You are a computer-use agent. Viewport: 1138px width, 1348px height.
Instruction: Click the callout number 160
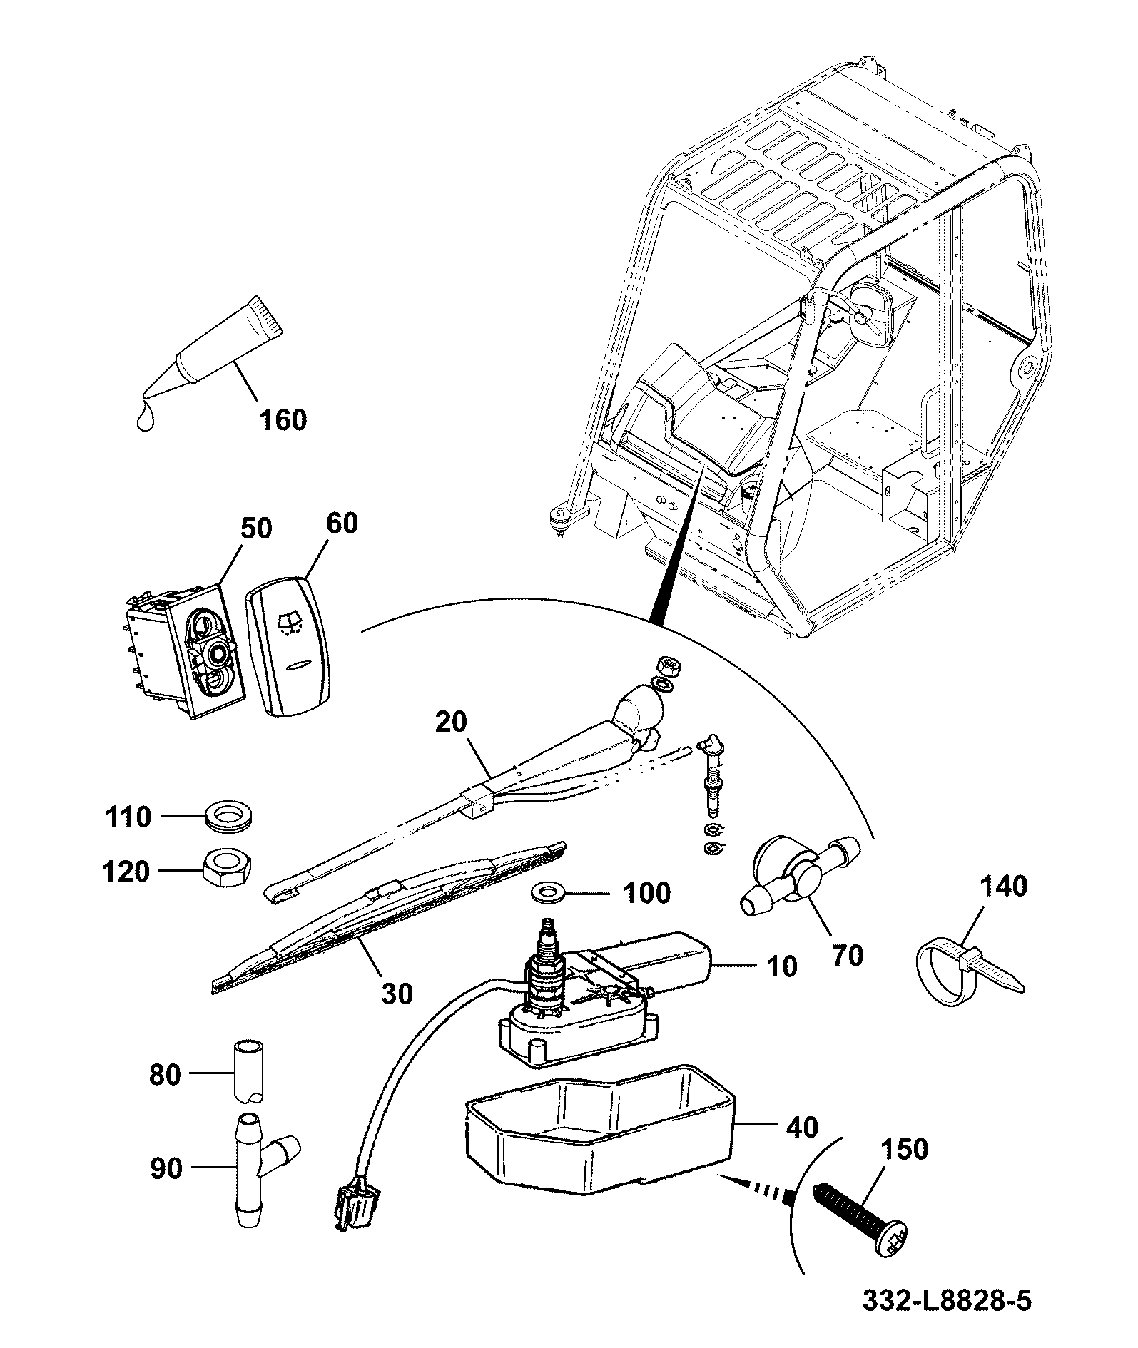pyautogui.click(x=283, y=419)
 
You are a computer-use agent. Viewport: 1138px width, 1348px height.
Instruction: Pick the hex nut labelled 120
pyautogui.click(x=226, y=867)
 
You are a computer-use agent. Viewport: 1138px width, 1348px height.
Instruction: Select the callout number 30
pyautogui.click(x=397, y=993)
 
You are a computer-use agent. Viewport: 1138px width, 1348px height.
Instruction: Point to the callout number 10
pyautogui.click(x=781, y=966)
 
